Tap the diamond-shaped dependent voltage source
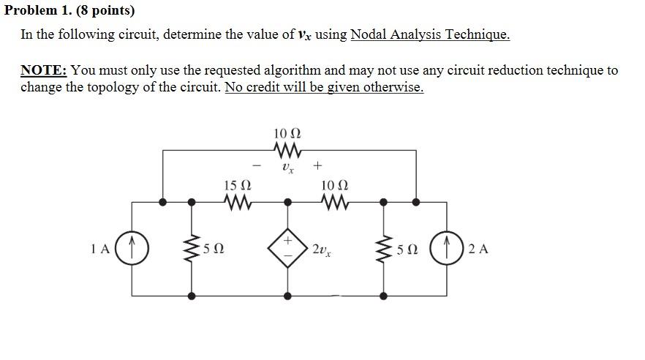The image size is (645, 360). (x=288, y=249)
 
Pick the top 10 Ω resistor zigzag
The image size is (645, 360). (x=287, y=150)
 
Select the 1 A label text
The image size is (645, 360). (x=101, y=249)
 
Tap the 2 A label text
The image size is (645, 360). (x=478, y=249)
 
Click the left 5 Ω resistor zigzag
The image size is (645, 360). (x=192, y=248)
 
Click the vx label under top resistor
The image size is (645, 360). (x=287, y=168)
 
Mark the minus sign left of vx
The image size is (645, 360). (x=256, y=165)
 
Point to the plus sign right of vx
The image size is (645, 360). (x=318, y=165)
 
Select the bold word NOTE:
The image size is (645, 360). (x=44, y=70)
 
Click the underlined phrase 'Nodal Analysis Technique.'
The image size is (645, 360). (x=430, y=34)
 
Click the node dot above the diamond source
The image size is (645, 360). (x=288, y=200)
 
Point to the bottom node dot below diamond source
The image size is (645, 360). (x=288, y=296)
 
